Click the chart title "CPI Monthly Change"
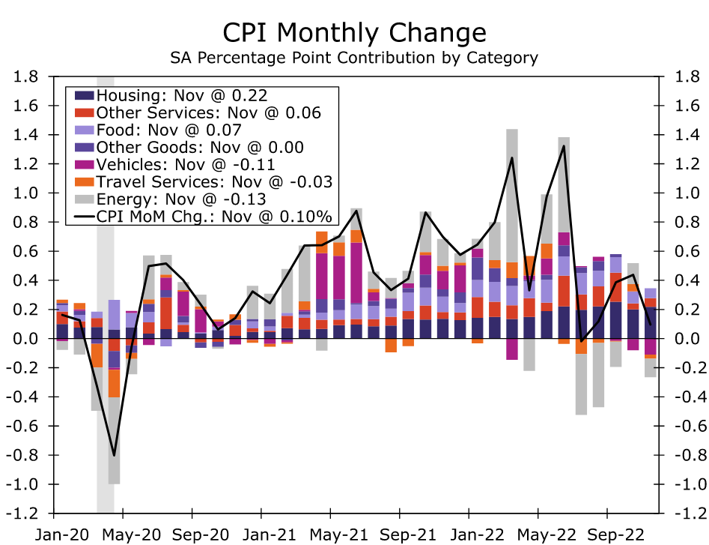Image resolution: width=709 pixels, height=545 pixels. click(354, 33)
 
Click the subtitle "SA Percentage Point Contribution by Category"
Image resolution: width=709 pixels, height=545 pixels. click(354, 58)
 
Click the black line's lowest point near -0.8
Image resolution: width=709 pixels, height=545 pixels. click(114, 455)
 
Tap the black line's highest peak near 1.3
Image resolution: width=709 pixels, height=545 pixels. click(563, 146)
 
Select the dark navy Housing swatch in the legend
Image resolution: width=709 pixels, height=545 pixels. click(83, 95)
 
